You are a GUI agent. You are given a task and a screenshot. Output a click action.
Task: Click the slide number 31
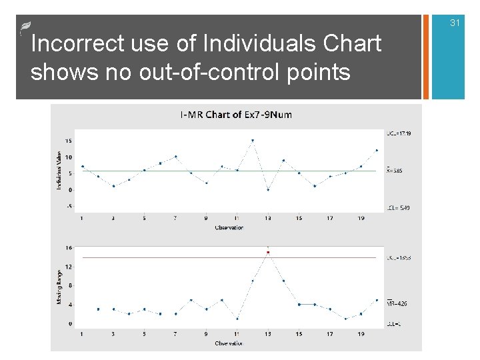(455, 23)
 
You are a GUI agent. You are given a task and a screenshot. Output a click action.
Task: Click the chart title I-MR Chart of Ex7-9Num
(236, 115)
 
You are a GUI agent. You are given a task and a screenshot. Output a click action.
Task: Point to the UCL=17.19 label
(399, 133)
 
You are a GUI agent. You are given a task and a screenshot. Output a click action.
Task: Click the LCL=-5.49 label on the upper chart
(398, 208)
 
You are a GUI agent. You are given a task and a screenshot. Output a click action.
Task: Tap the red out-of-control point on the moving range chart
(268, 252)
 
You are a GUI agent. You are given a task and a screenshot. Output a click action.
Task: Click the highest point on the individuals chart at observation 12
(253, 141)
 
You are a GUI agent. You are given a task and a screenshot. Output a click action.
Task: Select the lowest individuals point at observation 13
(268, 189)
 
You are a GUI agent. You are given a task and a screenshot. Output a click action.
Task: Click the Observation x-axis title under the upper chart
(229, 227)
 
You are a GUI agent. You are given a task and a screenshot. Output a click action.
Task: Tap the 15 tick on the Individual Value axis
(69, 141)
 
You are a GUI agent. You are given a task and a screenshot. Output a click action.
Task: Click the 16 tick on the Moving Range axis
(69, 247)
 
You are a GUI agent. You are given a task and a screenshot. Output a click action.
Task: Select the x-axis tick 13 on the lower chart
(268, 333)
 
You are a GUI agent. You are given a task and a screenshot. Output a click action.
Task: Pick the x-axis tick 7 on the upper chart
(175, 218)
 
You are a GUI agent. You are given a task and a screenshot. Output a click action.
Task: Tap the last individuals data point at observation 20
(377, 151)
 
